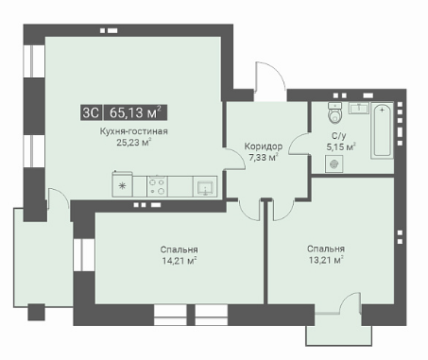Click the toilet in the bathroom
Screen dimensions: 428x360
(334, 112)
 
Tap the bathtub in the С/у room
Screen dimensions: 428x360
(382, 130)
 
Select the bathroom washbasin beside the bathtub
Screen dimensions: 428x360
(359, 108)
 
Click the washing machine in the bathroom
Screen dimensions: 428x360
(334, 163)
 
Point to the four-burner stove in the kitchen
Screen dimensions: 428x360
(157, 186)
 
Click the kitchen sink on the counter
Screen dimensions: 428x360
(205, 187)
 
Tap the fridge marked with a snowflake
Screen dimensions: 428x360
(122, 184)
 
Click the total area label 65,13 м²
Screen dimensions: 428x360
(135, 112)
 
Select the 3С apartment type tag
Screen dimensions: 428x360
(91, 112)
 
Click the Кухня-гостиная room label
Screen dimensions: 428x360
(133, 131)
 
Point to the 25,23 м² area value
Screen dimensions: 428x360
(133, 143)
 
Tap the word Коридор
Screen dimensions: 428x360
(264, 146)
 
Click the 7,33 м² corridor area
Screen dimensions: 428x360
(264, 157)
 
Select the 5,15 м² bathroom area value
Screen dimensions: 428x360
(341, 146)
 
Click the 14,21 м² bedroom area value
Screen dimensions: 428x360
(180, 261)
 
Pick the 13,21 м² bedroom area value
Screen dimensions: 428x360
(325, 260)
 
